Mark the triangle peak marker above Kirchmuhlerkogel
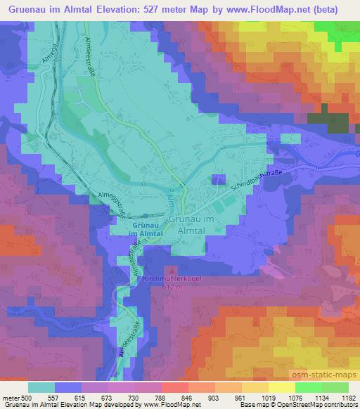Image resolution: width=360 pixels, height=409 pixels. [172, 270]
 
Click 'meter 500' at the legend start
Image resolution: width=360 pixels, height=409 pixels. [15, 397]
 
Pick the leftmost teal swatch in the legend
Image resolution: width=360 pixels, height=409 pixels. [41, 387]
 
